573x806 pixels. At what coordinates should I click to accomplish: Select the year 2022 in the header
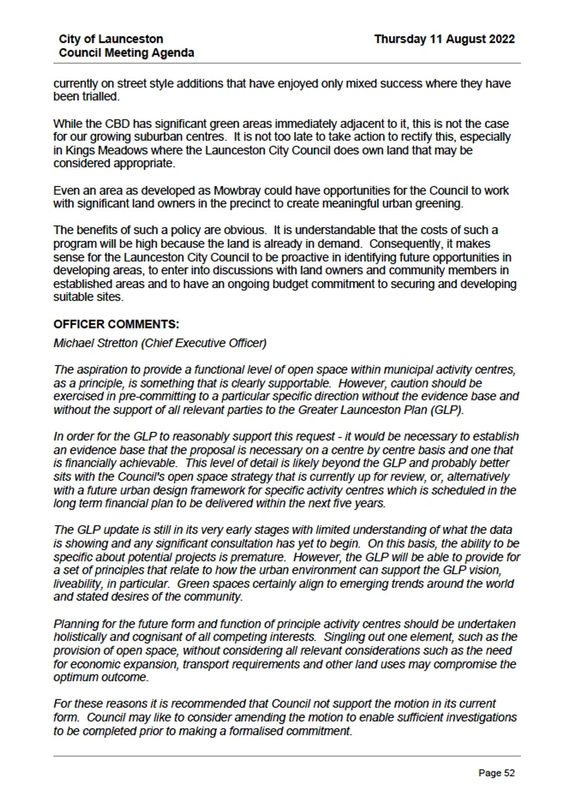[501, 39]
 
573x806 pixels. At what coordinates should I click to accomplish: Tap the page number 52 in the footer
[509, 773]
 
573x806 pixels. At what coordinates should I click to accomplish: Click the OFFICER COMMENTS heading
[116, 324]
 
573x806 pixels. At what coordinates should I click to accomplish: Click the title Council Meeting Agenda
[126, 53]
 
